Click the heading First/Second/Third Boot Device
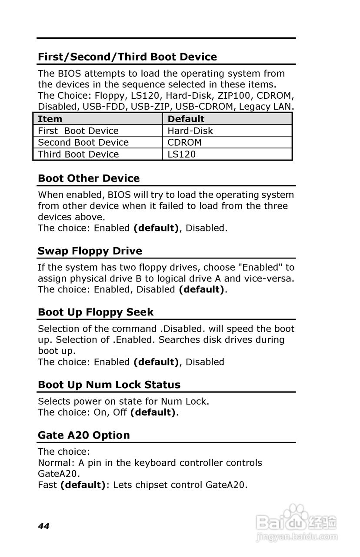pyautogui.click(x=127, y=57)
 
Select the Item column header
pyautogui.click(x=50, y=119)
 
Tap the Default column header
pyautogui.click(x=186, y=119)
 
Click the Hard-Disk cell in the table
pyautogui.click(x=190, y=131)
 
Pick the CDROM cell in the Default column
pyautogui.click(x=184, y=142)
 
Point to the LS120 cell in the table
pyautogui.click(x=181, y=154)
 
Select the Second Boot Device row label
pyautogui.click(x=83, y=142)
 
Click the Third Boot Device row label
pyautogui.click(x=78, y=154)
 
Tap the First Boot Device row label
pyautogui.click(x=78, y=131)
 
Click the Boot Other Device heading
pyautogui.click(x=89, y=178)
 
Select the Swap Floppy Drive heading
pyautogui.click(x=90, y=251)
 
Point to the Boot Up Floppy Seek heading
pyautogui.click(x=96, y=312)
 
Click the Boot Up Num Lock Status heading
pyautogui.click(x=109, y=385)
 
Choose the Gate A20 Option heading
pyautogui.click(x=83, y=435)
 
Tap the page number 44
pyautogui.click(x=43, y=526)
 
